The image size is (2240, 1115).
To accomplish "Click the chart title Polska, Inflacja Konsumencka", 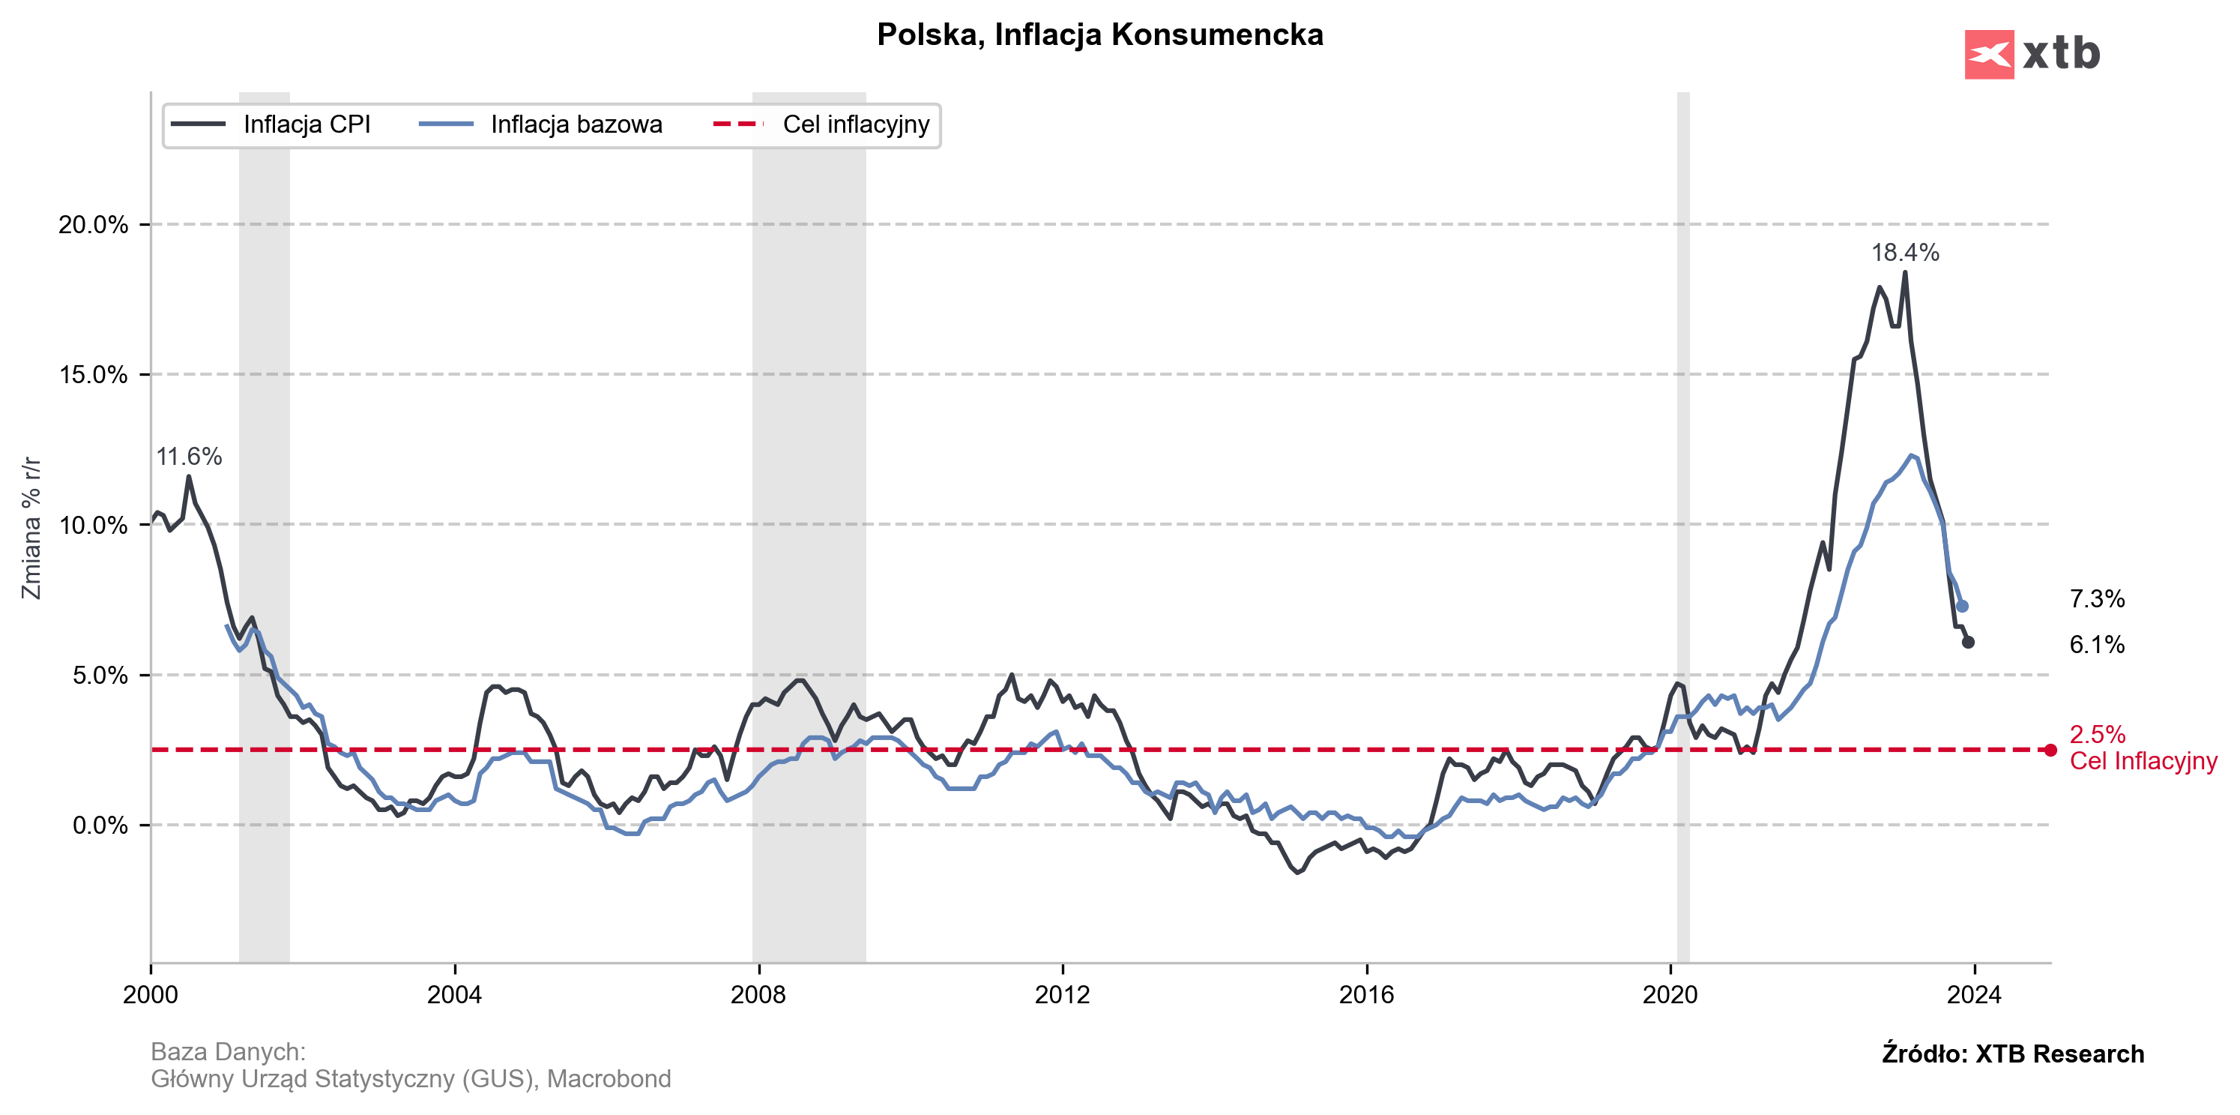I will (x=1099, y=34).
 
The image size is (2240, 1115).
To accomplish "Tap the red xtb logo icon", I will (x=1989, y=55).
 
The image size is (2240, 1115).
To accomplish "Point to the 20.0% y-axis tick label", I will (x=93, y=224).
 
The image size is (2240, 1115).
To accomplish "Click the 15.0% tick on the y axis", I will (x=93, y=375).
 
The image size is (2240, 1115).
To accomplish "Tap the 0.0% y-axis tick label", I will (x=99, y=826).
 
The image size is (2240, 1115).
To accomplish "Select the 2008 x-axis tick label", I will (x=758, y=995).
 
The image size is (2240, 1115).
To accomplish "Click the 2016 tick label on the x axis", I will (x=1366, y=995).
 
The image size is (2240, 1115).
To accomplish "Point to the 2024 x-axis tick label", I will (x=1974, y=995).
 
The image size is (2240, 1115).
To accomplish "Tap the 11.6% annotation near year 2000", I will (x=189, y=457).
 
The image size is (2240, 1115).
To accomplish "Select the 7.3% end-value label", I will (x=2097, y=599).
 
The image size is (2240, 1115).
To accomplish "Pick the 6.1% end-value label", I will (x=2097, y=644).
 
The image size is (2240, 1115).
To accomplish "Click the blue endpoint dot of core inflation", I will (x=1962, y=606).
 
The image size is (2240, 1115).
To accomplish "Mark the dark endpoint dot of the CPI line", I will (x=1968, y=643).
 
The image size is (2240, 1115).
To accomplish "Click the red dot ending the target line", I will (x=2050, y=750).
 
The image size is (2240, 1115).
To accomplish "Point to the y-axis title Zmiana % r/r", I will (x=31, y=527).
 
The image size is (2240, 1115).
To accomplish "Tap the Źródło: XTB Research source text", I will (x=2012, y=1054).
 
